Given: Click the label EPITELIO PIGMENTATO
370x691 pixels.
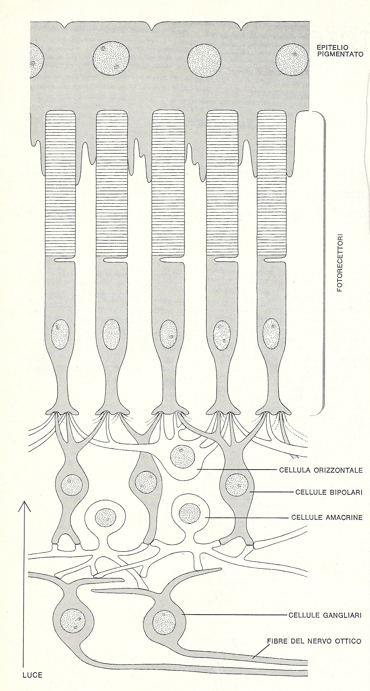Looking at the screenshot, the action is pos(340,51).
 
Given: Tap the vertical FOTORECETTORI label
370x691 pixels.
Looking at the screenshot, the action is pos(340,264).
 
